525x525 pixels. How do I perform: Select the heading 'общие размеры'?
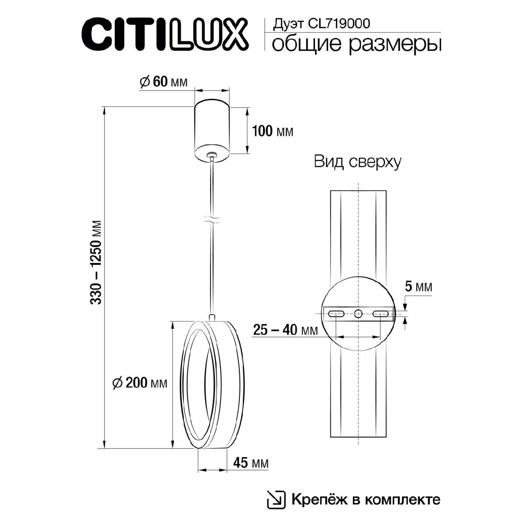point(356,45)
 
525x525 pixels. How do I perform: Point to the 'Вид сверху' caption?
point(357,162)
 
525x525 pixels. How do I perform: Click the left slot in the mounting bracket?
point(336,313)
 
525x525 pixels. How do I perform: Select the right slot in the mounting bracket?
point(381,313)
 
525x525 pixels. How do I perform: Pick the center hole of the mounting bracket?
point(358,313)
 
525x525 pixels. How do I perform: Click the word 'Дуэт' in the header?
point(285,24)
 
